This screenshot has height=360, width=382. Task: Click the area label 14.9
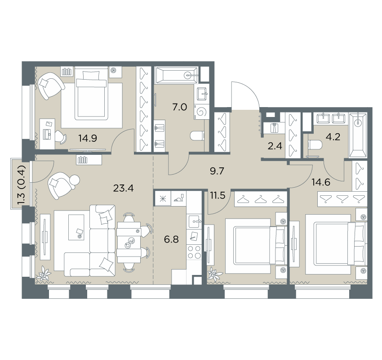88,139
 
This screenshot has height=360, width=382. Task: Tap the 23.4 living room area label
124,188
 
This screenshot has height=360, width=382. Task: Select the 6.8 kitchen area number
172,239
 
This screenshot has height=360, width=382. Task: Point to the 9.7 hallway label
217,171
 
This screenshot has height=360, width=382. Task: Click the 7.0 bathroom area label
180,107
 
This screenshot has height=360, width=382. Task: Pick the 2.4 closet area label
275,146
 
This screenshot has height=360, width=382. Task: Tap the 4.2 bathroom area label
333,137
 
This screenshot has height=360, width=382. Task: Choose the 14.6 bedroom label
321,182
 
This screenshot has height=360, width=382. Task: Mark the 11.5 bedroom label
218,195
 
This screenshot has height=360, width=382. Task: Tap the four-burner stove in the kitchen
194,252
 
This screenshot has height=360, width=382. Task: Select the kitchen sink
194,221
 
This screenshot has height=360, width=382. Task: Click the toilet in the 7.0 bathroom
197,136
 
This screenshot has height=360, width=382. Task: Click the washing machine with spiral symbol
201,112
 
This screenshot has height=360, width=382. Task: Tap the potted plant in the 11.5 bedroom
214,274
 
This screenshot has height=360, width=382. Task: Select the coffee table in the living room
76,227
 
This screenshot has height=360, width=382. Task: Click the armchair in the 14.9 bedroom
50,86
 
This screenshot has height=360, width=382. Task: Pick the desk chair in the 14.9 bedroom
60,136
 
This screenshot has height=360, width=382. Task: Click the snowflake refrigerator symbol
163,199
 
